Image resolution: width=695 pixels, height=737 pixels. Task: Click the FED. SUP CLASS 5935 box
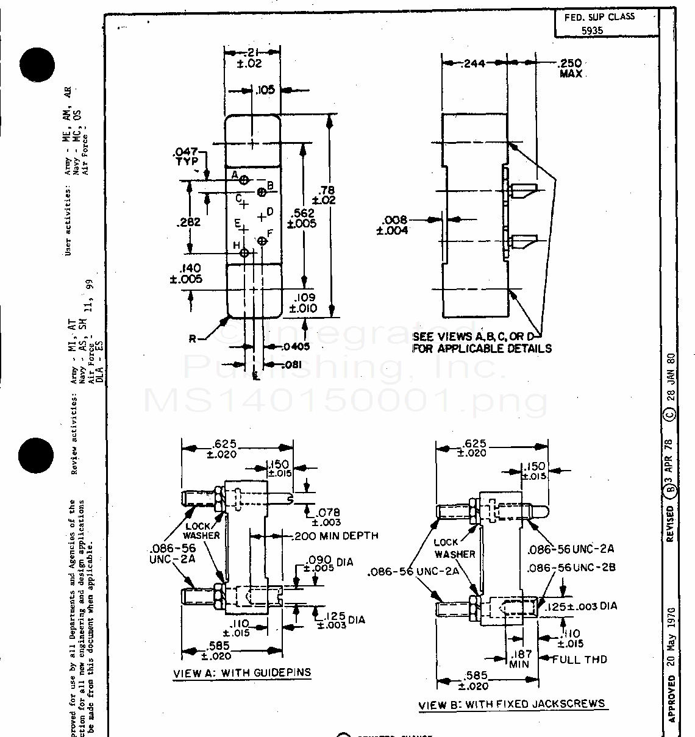pyautogui.click(x=607, y=24)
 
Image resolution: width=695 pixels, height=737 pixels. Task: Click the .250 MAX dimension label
pyautogui.click(x=570, y=68)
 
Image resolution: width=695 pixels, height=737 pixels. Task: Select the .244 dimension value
pyautogui.click(x=474, y=63)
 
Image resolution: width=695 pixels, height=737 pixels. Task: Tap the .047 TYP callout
pyautogui.click(x=186, y=157)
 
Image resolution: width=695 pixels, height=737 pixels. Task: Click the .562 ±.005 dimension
pyautogui.click(x=303, y=218)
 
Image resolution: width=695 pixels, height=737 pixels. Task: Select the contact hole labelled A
pyautogui.click(x=244, y=180)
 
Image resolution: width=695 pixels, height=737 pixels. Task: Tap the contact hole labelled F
pyautogui.click(x=263, y=241)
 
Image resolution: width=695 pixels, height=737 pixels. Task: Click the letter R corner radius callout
pyautogui.click(x=192, y=339)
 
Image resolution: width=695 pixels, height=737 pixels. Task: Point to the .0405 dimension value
pyautogui.click(x=296, y=346)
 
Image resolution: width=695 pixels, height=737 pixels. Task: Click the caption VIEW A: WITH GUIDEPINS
pyautogui.click(x=242, y=673)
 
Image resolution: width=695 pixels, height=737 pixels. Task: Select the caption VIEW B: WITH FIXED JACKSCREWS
pyautogui.click(x=511, y=704)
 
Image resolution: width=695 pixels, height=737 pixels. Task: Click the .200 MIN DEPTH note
pyautogui.click(x=335, y=536)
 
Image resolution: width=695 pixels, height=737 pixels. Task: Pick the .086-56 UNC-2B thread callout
pyautogui.click(x=571, y=568)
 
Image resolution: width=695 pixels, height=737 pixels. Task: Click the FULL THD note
pyautogui.click(x=579, y=659)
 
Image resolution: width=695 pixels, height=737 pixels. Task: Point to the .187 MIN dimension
pyautogui.click(x=519, y=658)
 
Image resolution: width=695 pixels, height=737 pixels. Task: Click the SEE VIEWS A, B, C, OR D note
pyautogui.click(x=482, y=343)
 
